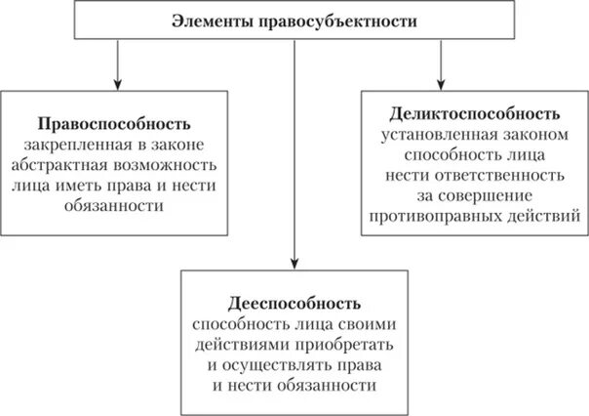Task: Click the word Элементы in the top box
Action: pyautogui.click(x=208, y=21)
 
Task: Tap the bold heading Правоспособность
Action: pyautogui.click(x=115, y=124)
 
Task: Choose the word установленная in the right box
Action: pyautogui.click(x=440, y=133)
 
